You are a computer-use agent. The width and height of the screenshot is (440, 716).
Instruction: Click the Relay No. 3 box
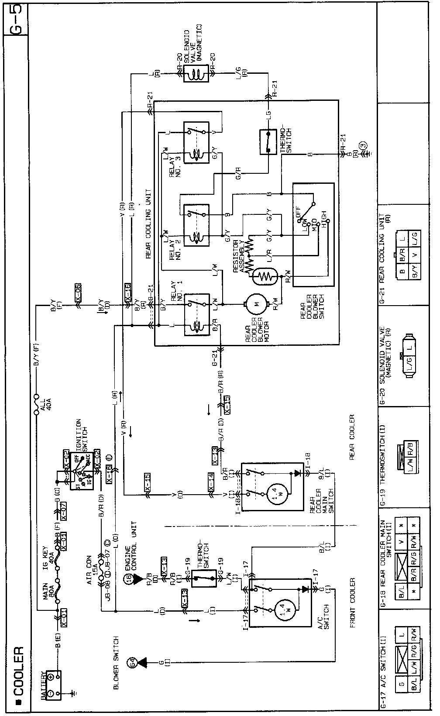196,143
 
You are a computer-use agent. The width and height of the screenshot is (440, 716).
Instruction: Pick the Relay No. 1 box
196,315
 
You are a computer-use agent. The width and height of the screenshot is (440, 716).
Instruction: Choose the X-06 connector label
78,291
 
